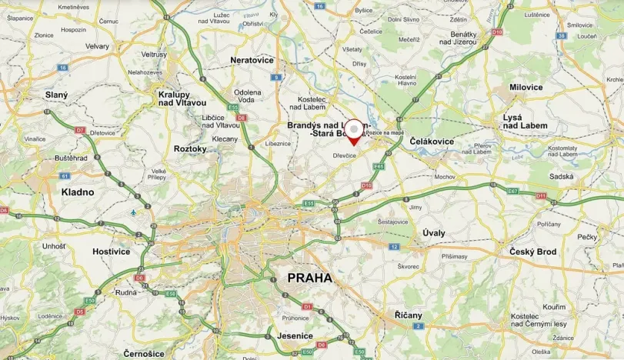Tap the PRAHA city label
click(309, 278)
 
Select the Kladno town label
click(78, 192)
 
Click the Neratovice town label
click(252, 59)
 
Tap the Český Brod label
click(532, 252)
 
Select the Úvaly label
click(434, 232)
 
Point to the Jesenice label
click(294, 336)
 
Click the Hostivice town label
click(112, 251)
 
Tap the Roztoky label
click(190, 148)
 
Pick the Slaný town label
click(56, 95)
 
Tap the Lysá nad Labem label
click(525, 121)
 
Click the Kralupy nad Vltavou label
click(182, 98)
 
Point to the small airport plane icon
click(134, 212)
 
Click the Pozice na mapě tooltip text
click(385, 132)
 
